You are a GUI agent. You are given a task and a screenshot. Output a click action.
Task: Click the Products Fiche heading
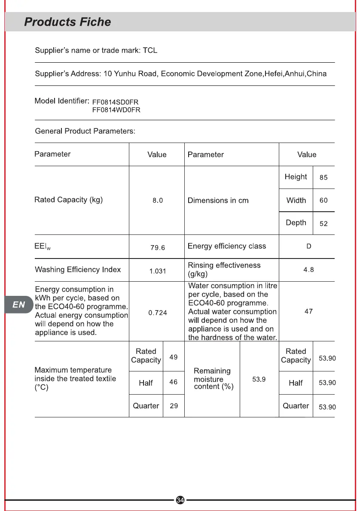click(67, 22)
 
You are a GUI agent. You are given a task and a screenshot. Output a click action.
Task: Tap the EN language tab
click(18, 305)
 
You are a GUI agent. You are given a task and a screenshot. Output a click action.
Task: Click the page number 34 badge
click(180, 500)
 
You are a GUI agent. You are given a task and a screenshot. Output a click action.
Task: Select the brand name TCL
click(150, 51)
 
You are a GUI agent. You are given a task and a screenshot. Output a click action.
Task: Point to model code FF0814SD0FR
click(116, 102)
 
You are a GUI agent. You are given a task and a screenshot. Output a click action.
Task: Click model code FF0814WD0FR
click(116, 110)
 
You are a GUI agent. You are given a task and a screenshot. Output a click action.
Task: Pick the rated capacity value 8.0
click(158, 201)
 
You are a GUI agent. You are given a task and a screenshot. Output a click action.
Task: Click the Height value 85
click(323, 177)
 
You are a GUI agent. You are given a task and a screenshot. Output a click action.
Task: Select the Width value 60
click(323, 201)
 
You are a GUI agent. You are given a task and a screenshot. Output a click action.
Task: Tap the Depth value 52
click(323, 224)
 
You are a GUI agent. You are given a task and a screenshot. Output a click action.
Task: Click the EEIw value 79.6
click(158, 247)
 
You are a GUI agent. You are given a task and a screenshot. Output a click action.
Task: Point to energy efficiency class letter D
click(308, 246)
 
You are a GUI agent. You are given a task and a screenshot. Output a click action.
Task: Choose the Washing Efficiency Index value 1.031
click(158, 271)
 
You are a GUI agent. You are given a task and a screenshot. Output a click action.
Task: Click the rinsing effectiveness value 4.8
click(308, 270)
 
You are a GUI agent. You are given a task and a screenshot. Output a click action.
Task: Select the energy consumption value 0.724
click(158, 313)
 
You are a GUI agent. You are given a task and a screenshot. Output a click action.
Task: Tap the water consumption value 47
click(308, 311)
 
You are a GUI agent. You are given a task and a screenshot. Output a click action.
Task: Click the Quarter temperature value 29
click(174, 406)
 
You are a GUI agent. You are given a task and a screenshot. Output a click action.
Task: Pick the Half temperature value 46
click(174, 382)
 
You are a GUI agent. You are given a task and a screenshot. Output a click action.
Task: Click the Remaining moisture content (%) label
click(214, 379)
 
